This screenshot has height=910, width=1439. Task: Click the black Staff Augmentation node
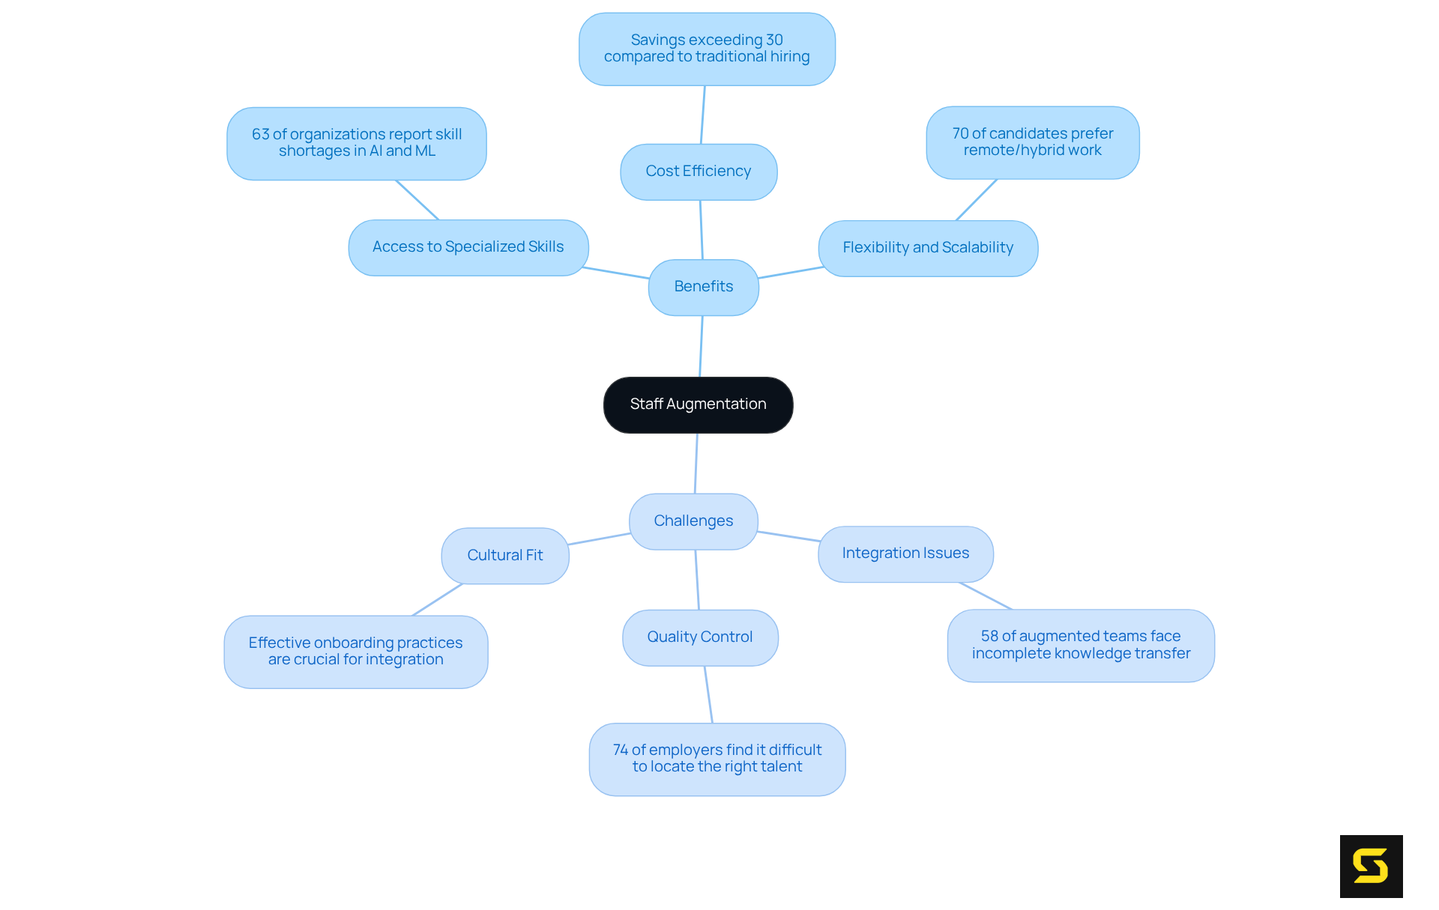[698, 404]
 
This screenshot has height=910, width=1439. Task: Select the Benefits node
[703, 287]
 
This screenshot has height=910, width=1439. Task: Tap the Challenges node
[693, 521]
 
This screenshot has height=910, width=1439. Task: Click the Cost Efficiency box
[698, 172]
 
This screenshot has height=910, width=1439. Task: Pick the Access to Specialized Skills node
[468, 247]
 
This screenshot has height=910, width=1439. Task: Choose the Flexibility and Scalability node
[927, 248]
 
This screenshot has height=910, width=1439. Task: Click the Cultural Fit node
[504, 556]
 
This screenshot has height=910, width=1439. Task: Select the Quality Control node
[699, 637]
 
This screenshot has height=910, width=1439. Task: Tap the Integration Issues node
[905, 553]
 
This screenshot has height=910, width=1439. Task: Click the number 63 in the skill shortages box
[260, 134]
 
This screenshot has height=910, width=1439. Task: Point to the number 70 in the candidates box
[960, 133]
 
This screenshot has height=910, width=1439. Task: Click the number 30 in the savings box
[774, 40]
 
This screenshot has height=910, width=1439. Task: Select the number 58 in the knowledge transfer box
[989, 636]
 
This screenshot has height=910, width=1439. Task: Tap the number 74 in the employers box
[620, 750]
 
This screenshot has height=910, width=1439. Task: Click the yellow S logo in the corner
[1370, 866]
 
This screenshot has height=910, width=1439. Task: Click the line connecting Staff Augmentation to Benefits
[701, 346]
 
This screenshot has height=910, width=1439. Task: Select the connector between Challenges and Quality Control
[697, 580]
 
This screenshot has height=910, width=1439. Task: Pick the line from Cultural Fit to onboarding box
[437, 600]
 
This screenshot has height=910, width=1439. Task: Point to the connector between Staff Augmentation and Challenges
[696, 463]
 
